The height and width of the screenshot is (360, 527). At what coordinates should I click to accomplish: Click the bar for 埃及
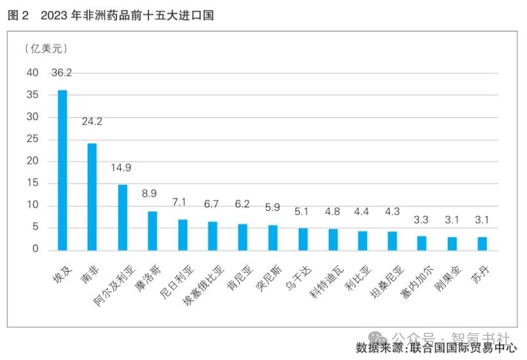[x=63, y=170]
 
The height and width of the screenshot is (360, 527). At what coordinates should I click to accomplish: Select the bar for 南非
[x=92, y=197]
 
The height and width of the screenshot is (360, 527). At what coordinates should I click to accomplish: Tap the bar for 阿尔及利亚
[x=122, y=218]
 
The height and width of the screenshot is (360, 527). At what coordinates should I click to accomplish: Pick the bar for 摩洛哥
[x=152, y=231]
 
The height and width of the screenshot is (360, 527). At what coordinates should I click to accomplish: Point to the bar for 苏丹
[x=482, y=244]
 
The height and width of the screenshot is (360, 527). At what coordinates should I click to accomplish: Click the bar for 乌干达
[x=303, y=239]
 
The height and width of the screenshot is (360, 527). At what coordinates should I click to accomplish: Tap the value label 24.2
[x=92, y=122]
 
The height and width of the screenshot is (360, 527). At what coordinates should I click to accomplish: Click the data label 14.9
[x=121, y=168]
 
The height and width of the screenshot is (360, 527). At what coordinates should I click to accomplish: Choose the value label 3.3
[x=422, y=220]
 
